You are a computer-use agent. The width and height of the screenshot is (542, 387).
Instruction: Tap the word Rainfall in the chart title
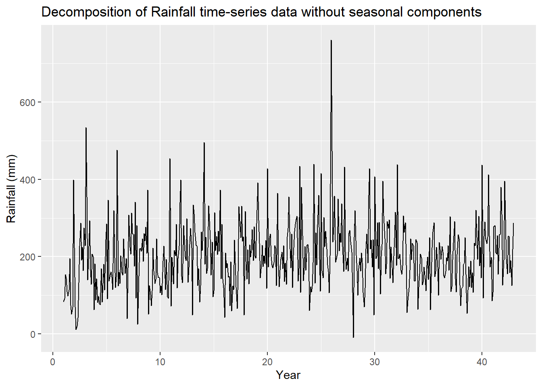click(173, 12)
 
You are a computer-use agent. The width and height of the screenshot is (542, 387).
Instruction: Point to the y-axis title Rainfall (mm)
click(11, 188)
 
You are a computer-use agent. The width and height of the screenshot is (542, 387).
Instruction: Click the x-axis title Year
click(288, 375)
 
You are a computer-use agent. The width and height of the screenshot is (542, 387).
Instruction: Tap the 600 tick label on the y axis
click(27, 102)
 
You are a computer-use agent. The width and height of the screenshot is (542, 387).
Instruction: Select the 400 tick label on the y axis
click(27, 179)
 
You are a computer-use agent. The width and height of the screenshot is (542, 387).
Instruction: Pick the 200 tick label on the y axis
click(27, 257)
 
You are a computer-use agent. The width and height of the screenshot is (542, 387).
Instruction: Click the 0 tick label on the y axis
click(33, 334)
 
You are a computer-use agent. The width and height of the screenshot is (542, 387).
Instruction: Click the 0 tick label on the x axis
click(52, 362)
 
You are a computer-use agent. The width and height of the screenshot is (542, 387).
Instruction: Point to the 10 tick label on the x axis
click(160, 362)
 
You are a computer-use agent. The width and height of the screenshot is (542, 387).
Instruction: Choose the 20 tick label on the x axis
click(267, 362)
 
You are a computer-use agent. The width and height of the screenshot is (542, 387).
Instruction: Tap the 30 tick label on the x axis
click(374, 362)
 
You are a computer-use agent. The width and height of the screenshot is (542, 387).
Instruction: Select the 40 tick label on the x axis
click(482, 362)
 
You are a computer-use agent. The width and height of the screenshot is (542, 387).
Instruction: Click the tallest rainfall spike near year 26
click(331, 41)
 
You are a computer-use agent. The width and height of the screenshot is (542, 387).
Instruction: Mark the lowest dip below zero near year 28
click(353, 337)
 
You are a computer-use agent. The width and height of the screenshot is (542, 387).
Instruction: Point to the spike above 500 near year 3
click(86, 128)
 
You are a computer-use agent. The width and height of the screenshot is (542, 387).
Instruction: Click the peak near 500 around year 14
click(204, 143)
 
